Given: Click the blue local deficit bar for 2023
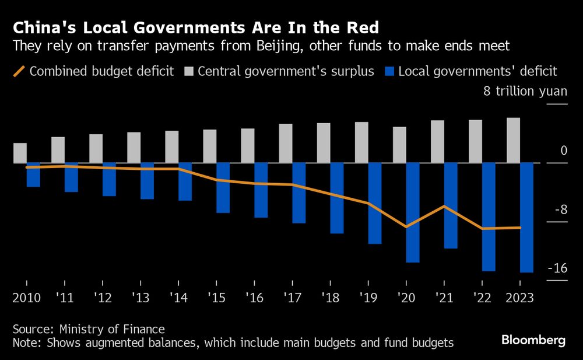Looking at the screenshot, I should point(526,217).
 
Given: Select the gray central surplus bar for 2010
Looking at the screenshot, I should point(20,153).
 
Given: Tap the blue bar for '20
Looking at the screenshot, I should point(413,212).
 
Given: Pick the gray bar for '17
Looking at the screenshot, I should point(286,144).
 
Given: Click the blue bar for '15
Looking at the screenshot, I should point(223,187).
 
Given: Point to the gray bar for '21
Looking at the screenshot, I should point(437,142).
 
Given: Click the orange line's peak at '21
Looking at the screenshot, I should point(444,206).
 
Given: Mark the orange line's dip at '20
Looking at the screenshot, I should point(406,226).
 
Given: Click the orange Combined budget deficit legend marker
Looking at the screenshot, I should point(19,71).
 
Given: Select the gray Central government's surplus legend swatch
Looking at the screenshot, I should point(188,71).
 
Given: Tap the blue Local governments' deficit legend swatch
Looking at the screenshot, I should point(390,71).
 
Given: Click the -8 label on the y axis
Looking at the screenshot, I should point(560,210).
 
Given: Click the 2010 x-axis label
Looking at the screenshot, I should point(26,298).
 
